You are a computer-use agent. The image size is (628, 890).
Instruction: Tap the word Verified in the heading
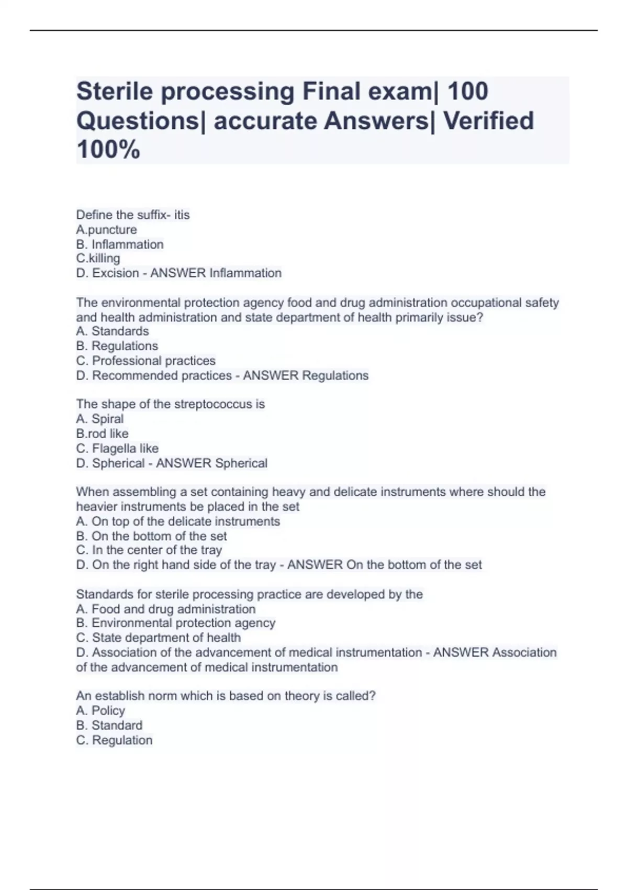488,121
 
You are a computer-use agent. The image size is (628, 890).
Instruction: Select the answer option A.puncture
106,230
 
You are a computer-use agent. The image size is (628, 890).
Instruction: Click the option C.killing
98,259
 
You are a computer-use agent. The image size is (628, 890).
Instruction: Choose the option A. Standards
112,331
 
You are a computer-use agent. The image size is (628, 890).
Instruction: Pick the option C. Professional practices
145,361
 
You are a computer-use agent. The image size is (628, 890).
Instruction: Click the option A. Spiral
99,419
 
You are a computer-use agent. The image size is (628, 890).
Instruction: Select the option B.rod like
102,433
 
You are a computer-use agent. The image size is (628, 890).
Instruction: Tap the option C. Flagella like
117,449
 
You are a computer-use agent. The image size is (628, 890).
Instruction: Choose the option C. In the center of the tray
149,550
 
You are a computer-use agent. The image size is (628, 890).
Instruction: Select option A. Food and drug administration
165,609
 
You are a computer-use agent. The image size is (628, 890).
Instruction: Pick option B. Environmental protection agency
175,623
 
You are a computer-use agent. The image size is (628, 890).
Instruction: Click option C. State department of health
158,638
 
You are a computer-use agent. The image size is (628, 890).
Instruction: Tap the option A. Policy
100,710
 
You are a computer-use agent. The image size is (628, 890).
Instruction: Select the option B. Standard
109,725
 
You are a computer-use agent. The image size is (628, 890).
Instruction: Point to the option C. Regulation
114,740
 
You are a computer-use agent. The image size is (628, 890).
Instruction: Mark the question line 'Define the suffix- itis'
133,215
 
